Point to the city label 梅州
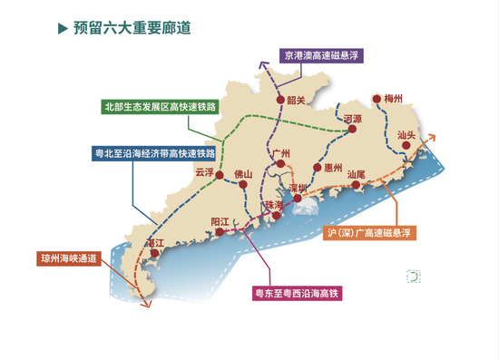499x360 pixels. tap(393, 98)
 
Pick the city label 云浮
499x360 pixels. tap(205, 170)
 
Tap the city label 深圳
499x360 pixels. tap(299, 187)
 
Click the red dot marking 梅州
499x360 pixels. tap(377, 101)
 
